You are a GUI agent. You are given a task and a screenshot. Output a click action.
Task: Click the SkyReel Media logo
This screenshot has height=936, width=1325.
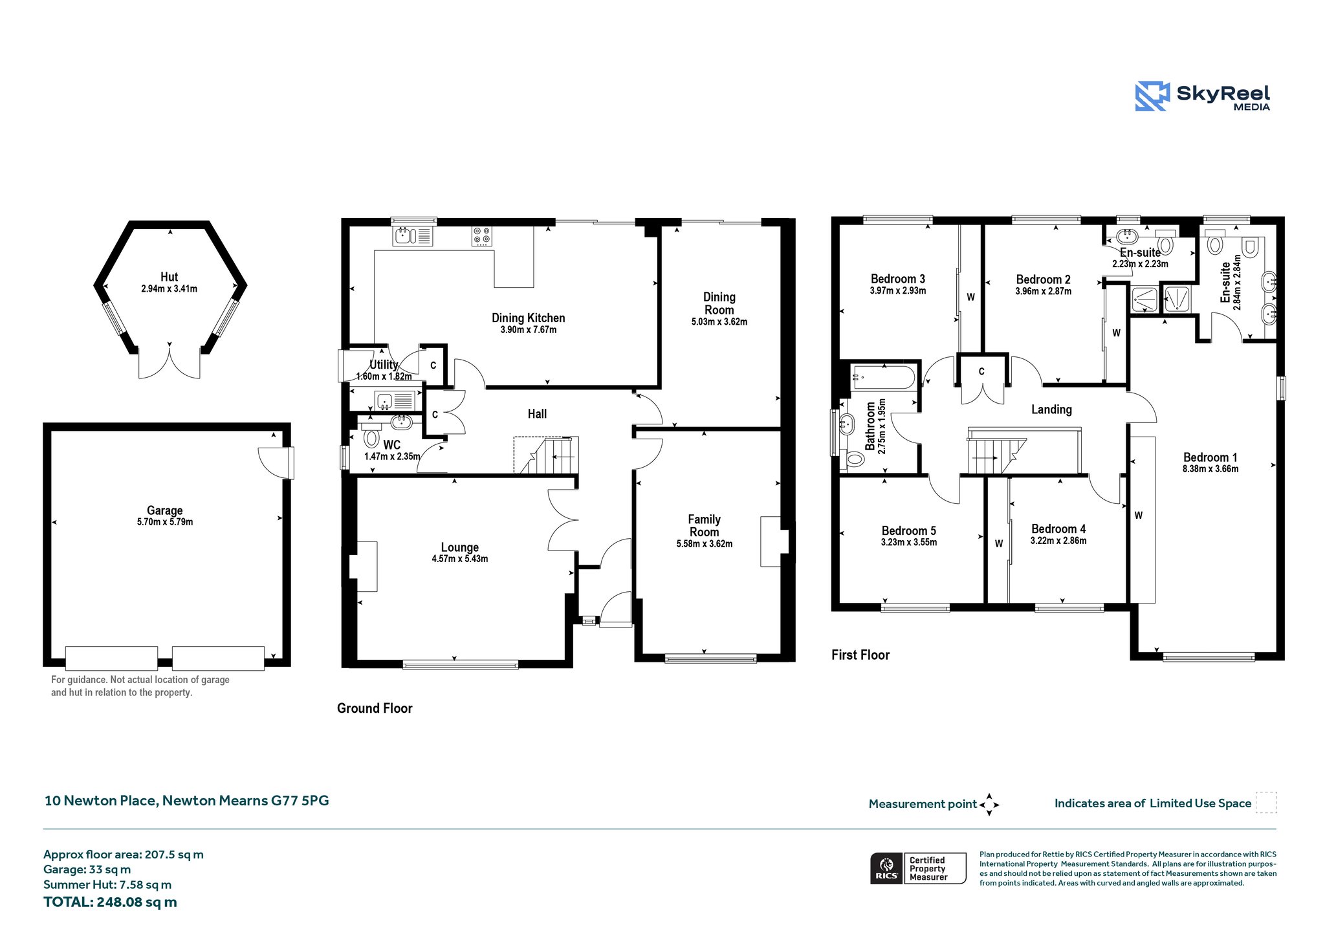point(1202,96)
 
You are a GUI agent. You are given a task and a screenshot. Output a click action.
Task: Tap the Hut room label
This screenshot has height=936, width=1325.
point(169,277)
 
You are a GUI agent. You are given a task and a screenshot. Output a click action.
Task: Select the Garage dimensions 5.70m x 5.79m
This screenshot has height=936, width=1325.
point(165,522)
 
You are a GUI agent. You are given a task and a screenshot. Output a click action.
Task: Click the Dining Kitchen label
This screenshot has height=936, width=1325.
point(528,318)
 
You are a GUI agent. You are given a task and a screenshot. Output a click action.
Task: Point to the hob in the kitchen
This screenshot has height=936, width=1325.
point(481,235)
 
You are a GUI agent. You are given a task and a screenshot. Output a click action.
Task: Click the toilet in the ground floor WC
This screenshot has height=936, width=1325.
point(371,436)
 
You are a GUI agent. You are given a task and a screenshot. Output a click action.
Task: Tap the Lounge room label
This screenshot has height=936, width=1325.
point(460,547)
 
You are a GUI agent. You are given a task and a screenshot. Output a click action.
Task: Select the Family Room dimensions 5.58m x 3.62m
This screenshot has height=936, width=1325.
point(705,544)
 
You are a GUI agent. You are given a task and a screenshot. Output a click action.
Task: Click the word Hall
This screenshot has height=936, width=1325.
point(537,414)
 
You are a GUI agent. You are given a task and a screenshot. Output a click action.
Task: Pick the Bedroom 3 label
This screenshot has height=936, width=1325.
point(897,279)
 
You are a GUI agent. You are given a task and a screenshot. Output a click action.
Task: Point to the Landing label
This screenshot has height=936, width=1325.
point(1051,409)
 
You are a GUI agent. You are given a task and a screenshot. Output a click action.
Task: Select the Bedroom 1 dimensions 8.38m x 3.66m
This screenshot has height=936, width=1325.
point(1210,469)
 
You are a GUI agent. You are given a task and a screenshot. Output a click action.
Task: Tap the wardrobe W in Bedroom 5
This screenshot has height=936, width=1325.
point(999,543)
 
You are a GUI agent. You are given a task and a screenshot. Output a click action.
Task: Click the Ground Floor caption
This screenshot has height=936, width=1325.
point(375,708)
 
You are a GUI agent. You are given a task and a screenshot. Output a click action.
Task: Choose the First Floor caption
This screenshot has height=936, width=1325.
point(860,655)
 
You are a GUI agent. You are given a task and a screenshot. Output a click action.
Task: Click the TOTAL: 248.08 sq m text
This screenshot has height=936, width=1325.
point(110,902)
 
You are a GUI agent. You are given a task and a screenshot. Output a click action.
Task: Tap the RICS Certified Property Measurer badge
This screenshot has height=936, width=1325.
point(918,868)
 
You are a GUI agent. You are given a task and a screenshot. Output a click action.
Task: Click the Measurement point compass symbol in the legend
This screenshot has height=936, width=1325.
point(989,805)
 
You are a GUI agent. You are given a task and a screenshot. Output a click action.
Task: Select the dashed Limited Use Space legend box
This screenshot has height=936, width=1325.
point(1266,803)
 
